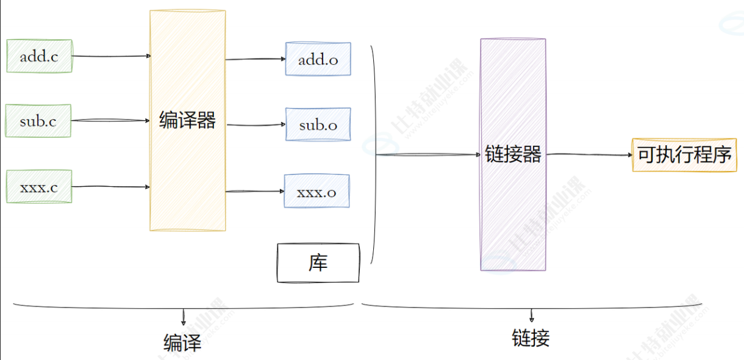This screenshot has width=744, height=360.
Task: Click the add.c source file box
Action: tap(39, 56)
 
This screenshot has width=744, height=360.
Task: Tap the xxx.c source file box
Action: tap(39, 187)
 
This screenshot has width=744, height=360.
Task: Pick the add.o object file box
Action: tap(318, 59)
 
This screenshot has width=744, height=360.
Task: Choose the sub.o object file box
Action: tap(318, 125)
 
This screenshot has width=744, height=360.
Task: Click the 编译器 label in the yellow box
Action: tap(187, 120)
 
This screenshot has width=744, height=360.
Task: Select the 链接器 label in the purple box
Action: tap(513, 154)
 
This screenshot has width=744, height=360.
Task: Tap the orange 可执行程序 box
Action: tap(684, 154)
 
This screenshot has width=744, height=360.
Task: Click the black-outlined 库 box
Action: tap(318, 263)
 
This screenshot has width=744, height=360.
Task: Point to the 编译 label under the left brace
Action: tap(182, 342)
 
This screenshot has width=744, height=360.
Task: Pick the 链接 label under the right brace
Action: tap(531, 337)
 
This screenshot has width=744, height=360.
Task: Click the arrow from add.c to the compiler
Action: tap(111, 56)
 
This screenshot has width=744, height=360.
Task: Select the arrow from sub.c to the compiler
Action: tap(111, 121)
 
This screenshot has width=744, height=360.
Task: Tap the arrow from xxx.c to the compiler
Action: tap(111, 187)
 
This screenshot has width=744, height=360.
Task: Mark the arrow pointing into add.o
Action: tap(256, 59)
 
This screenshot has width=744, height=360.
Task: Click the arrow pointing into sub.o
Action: tap(256, 125)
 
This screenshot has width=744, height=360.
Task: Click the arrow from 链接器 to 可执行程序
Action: tap(589, 155)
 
